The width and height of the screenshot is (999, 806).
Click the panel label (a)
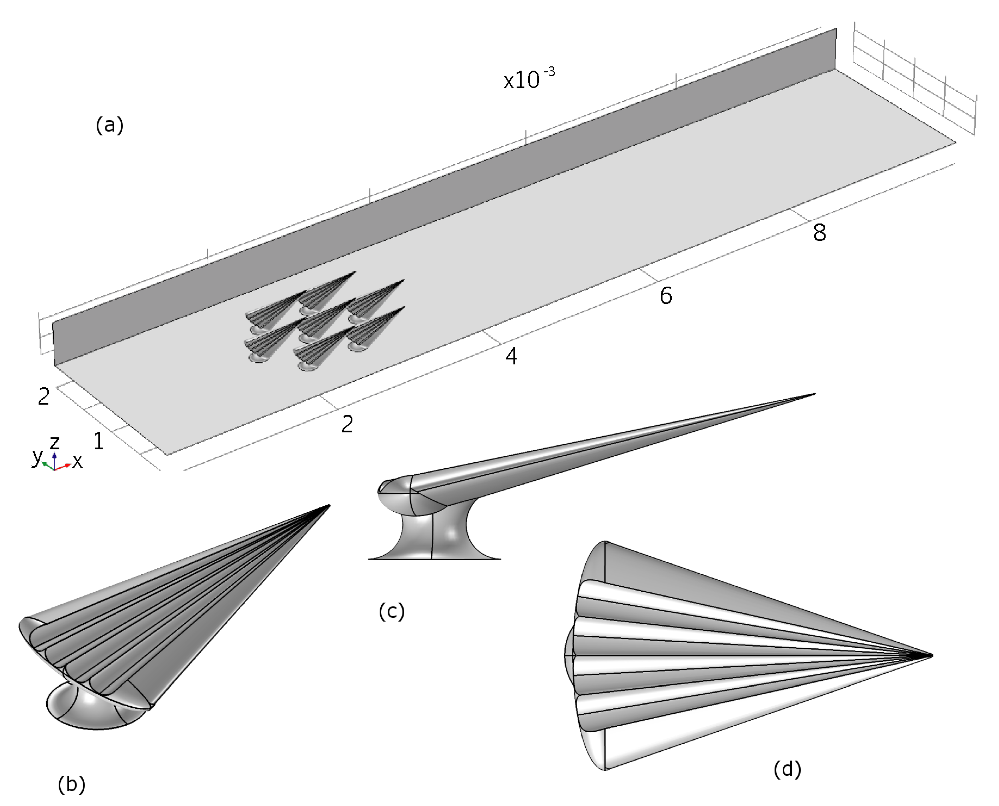click(109, 125)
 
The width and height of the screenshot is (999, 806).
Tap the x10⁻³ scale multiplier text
click(529, 79)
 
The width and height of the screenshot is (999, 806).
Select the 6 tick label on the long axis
click(665, 296)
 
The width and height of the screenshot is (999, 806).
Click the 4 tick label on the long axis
click(511, 356)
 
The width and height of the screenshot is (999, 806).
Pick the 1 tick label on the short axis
click(98, 441)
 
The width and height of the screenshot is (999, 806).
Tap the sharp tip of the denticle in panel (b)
click(328, 506)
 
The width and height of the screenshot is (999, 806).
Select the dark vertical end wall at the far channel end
click(836, 49)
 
